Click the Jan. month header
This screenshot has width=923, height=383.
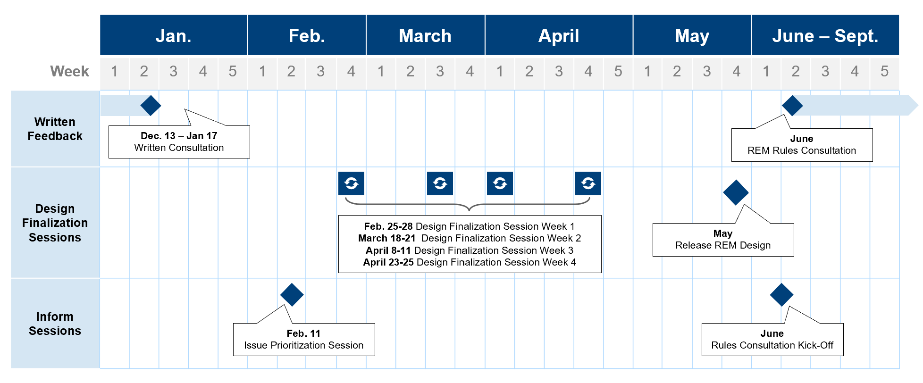[174, 35]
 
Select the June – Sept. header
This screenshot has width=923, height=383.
[825, 35]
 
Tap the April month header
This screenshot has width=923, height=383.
[559, 35]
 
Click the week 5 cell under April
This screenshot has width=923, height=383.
[618, 72]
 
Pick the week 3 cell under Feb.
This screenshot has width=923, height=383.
[321, 72]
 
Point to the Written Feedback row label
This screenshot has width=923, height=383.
[55, 129]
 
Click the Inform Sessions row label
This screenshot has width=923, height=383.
[55, 324]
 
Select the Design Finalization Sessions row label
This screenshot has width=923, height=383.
[55, 223]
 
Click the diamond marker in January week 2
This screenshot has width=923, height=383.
[151, 105]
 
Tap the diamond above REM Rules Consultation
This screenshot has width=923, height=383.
[792, 105]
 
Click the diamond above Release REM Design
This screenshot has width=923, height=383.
[736, 192]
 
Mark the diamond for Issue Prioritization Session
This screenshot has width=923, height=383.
[292, 295]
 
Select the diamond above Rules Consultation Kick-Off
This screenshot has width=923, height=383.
[781, 295]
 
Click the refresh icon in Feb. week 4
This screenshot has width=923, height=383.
[351, 183]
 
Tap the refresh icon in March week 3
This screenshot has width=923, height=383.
[440, 183]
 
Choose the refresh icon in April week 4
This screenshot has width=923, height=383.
[588, 183]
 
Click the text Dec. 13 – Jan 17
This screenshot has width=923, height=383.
[179, 136]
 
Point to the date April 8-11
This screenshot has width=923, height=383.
[388, 250]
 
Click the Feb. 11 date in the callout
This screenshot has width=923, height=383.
[303, 333]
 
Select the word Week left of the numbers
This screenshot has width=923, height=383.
[69, 71]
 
